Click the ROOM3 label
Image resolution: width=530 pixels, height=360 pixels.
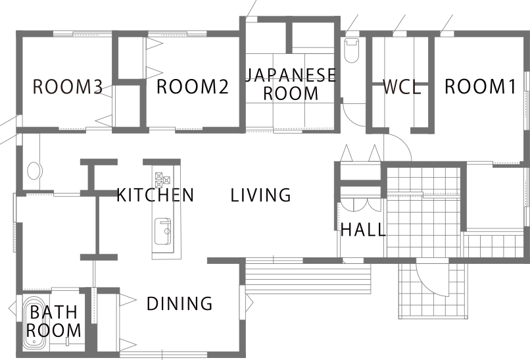[68, 87]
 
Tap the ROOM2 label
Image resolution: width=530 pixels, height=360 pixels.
[193, 86]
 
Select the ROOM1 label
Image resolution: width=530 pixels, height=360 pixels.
[480, 86]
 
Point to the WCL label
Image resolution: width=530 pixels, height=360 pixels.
[402, 87]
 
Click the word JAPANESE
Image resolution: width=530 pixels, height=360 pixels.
[291, 75]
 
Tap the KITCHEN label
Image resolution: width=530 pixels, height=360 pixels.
[155, 195]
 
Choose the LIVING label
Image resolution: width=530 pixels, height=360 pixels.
[260, 195]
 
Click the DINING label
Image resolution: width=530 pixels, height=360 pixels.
[180, 303]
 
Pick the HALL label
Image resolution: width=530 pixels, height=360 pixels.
[363, 230]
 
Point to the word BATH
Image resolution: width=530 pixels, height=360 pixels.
[54, 312]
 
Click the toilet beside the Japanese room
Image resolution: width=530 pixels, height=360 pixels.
[352, 50]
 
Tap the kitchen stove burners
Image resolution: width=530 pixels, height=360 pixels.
[162, 180]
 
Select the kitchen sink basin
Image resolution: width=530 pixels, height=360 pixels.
[162, 232]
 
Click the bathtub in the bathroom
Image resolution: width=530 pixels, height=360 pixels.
[34, 323]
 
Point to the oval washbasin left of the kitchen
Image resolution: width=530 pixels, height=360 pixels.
[34, 170]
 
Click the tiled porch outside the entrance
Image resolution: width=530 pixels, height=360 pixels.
[432, 291]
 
